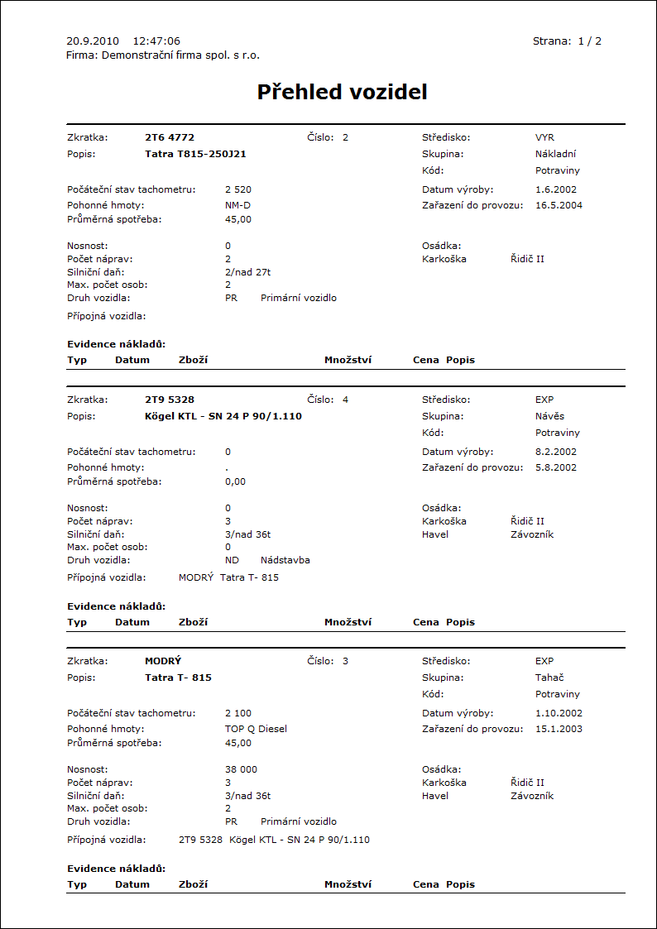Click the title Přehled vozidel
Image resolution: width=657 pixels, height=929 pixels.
[x=342, y=92]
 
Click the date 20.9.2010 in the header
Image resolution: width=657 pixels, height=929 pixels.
[x=93, y=41]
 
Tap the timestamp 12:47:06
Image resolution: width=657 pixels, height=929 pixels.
[x=156, y=41]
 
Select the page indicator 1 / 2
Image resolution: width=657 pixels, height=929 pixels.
[x=589, y=41]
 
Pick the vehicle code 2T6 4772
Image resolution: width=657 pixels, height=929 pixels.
[x=170, y=137]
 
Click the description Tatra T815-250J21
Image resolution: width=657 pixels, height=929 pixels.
[x=195, y=154]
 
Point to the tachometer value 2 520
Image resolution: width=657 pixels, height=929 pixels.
[x=238, y=189]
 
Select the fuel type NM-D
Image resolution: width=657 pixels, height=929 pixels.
[x=237, y=204]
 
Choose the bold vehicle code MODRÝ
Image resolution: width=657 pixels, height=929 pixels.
[x=163, y=661]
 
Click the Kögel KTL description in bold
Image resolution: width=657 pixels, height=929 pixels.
[x=223, y=416]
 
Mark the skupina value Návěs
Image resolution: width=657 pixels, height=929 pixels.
[x=549, y=416]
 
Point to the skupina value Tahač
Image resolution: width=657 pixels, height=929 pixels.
[x=550, y=678]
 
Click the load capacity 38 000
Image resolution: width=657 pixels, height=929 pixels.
[x=241, y=769]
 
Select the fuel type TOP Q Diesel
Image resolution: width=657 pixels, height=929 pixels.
[x=256, y=729]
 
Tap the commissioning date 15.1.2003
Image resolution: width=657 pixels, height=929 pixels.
[x=559, y=729]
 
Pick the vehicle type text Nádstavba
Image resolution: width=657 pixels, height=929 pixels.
[x=285, y=560]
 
